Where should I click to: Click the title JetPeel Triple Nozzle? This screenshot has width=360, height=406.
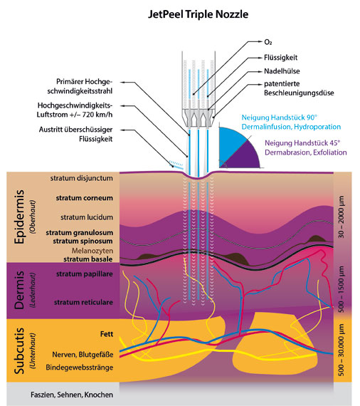[198, 14]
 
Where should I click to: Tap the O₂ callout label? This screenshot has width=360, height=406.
[268, 42]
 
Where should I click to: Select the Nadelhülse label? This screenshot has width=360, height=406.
[282, 71]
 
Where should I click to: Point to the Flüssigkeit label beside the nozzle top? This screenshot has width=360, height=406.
[280, 58]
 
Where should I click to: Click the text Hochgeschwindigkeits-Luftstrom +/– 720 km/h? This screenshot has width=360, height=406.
[75, 110]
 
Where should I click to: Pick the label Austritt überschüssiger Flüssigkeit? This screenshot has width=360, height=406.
[76, 134]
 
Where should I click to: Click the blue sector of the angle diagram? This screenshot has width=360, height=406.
[231, 142]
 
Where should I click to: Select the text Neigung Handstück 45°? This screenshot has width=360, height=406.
[302, 143]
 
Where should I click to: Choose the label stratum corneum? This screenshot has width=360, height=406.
[85, 198]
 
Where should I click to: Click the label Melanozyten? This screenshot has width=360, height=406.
[92, 251]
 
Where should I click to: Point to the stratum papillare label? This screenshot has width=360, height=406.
[85, 274]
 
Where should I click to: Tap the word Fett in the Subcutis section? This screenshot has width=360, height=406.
[107, 334]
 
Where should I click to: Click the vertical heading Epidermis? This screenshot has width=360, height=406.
[19, 217]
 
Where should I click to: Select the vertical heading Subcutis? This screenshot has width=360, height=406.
[19, 351]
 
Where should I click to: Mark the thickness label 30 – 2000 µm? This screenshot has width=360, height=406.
[341, 217]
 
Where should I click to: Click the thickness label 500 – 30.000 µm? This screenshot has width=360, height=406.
[341, 350]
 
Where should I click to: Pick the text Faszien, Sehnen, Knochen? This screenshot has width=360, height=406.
[72, 395]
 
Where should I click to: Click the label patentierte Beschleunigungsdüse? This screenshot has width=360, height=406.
[299, 88]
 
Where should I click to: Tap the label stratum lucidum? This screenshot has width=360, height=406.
[87, 217]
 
